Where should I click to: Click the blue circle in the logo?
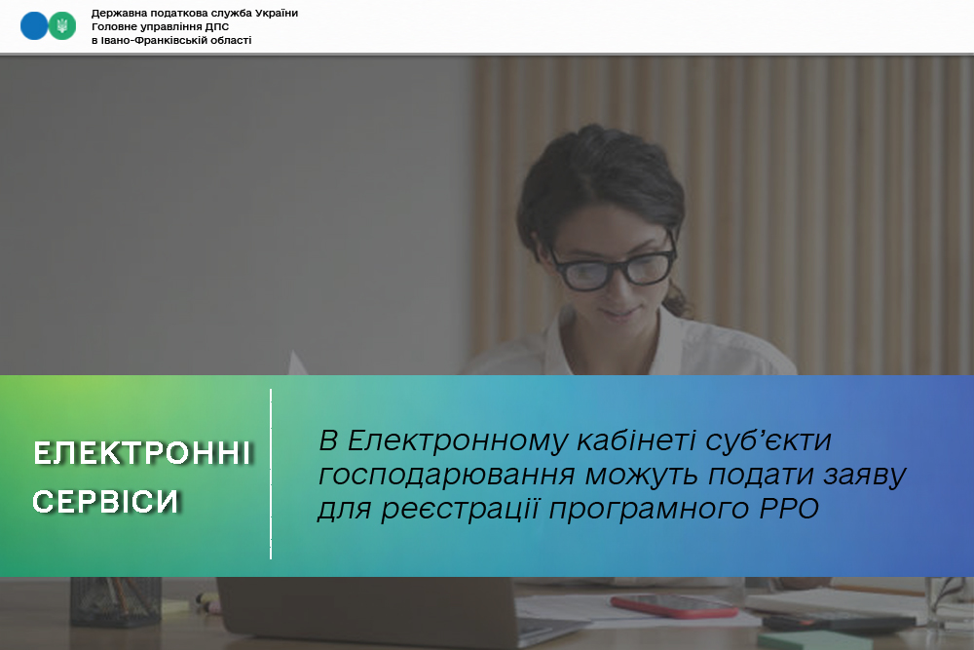tap(34, 26)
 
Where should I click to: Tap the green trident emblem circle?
tap(62, 26)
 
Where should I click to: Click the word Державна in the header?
tap(119, 13)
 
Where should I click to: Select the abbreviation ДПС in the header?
tap(217, 26)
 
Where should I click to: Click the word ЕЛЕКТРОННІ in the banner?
tap(142, 453)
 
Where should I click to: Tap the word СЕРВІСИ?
tap(105, 502)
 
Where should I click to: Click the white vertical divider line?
tap(271, 475)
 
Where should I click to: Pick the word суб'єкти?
tap(768, 440)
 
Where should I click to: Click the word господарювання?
tap(447, 476)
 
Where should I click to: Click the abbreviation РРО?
tap(789, 509)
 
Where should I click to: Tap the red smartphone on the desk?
tap(675, 606)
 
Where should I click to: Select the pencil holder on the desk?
tap(116, 600)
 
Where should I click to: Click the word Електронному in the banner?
tap(459, 440)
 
